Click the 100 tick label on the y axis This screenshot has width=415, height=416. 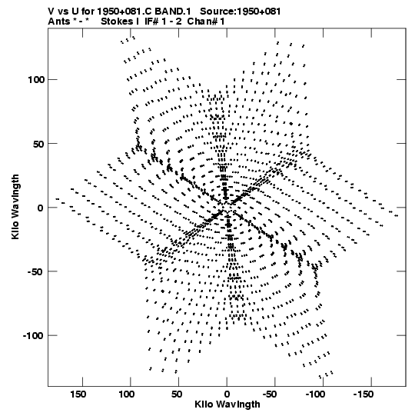point(36,80)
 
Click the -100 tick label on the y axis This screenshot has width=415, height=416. point(33,335)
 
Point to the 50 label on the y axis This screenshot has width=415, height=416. point(38,144)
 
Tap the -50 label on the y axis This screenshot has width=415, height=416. point(35,271)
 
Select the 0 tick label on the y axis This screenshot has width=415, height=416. point(40,208)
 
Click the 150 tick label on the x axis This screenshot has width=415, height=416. point(78,394)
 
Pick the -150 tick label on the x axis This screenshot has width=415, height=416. point(364,394)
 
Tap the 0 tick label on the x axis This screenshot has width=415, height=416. point(227,394)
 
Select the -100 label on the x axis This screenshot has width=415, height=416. point(315,394)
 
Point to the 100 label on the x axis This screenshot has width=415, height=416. point(126,394)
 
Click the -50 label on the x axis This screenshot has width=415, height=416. point(270,394)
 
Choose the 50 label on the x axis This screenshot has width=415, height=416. point(177,394)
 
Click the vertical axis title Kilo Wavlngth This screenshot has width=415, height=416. point(15,207)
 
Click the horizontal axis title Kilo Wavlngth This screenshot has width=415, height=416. point(227,404)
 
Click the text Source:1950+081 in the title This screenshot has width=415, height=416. point(241,12)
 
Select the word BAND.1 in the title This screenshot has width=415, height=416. point(173,12)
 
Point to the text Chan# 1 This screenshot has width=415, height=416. point(206,22)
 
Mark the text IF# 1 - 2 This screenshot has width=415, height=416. point(163,22)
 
